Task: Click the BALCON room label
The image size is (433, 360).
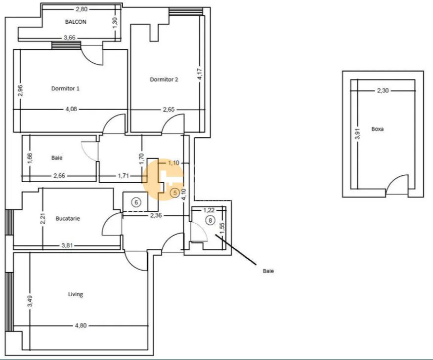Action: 76,22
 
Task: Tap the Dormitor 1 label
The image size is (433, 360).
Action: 65,89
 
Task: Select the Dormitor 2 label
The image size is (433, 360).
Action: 164,79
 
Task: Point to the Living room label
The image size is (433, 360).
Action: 75,294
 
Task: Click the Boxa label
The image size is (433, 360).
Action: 378,129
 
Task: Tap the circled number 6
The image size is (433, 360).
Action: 137,202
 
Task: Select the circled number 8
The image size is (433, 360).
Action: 211,220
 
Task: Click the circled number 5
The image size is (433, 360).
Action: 174,193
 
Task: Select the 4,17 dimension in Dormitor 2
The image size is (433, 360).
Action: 199,74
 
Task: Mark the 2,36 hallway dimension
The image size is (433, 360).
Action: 157,215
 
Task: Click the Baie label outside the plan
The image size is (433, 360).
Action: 268,271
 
